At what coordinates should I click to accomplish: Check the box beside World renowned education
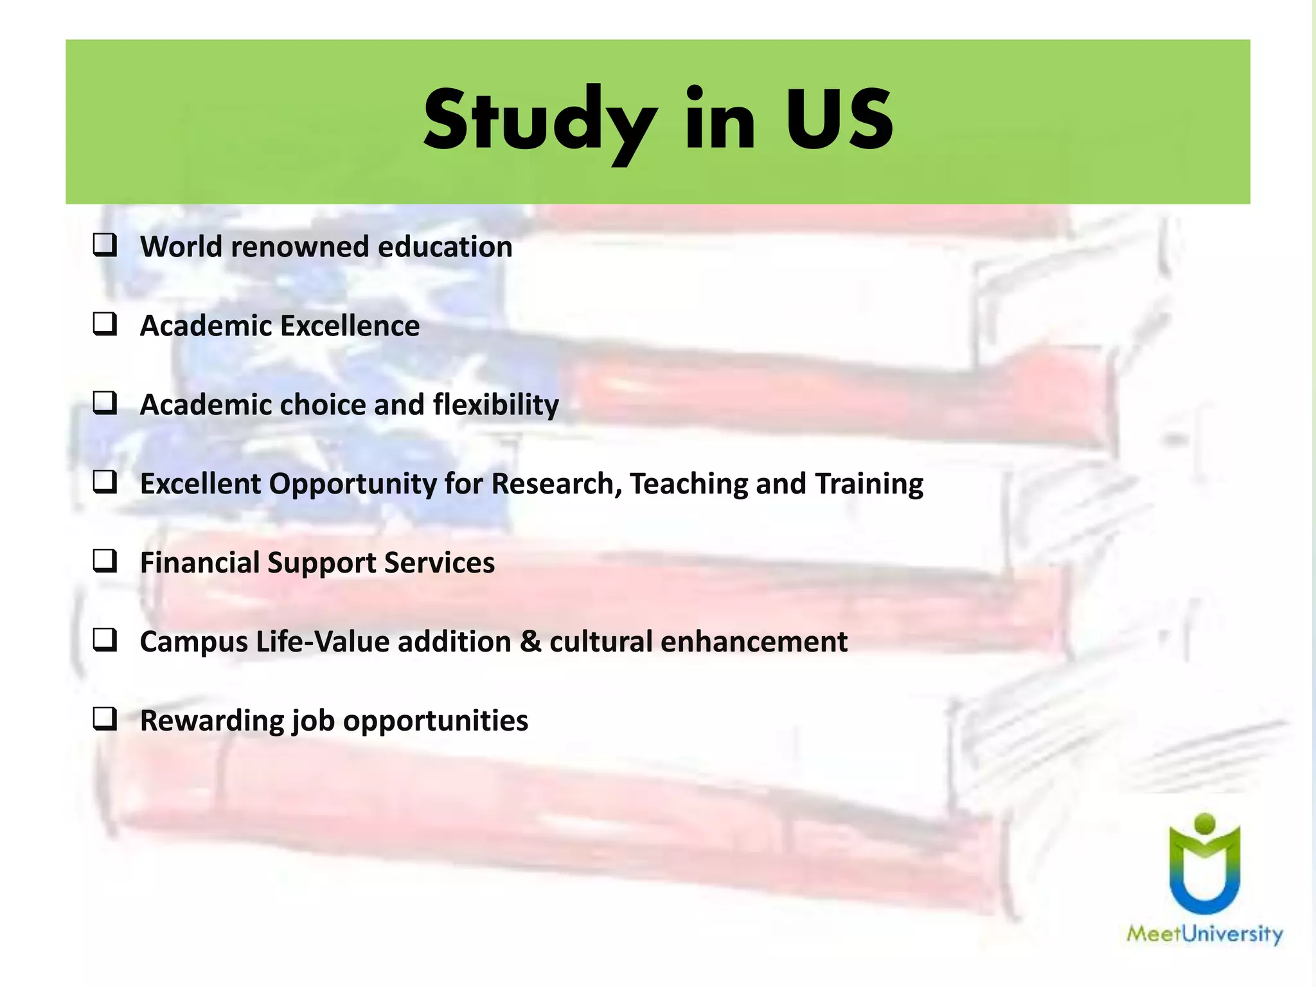click(105, 246)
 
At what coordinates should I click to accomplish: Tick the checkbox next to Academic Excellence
click(105, 325)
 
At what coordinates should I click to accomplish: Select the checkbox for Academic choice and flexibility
click(105, 404)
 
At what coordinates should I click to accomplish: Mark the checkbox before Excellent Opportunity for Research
click(105, 483)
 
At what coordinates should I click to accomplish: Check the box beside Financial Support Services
click(105, 562)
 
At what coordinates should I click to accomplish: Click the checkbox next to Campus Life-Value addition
click(105, 641)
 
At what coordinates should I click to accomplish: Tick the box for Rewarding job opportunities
click(105, 720)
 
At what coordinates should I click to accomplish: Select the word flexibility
click(495, 405)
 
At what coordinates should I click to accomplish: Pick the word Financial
click(199, 563)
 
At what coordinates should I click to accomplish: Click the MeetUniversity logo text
click(1204, 933)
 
